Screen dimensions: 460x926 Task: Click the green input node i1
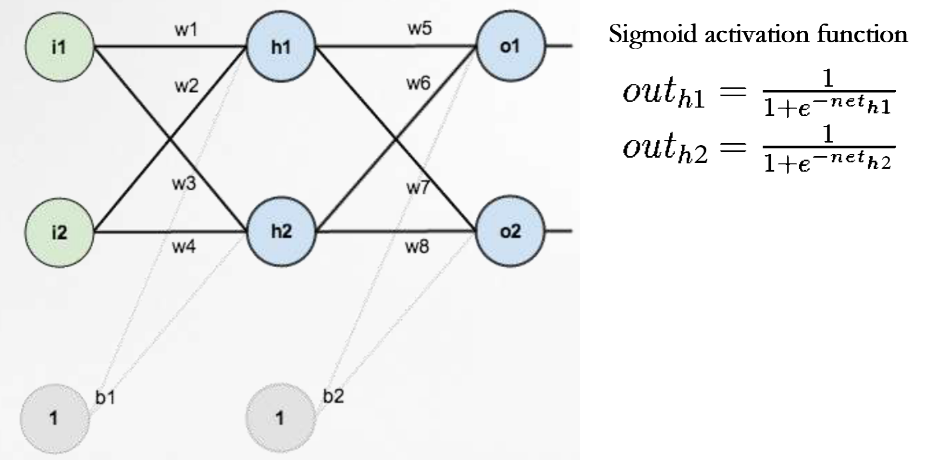[60, 47]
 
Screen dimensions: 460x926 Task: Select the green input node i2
[60, 232]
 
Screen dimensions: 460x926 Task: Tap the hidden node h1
[281, 47]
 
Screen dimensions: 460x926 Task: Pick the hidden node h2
[282, 231]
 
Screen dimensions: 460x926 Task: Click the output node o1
[510, 46]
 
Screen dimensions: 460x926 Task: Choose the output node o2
[510, 231]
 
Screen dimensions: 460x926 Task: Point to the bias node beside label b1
[54, 418]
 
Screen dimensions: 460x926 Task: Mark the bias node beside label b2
[280, 418]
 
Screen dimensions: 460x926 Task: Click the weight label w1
[186, 30]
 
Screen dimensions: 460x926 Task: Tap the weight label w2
[186, 87]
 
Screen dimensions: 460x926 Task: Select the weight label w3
[184, 183]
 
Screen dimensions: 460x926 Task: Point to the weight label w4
[184, 247]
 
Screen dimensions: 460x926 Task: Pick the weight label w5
[420, 28]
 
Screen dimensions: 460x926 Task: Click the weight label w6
[419, 84]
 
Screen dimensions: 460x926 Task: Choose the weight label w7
[418, 187]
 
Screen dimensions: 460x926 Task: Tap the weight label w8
[417, 247]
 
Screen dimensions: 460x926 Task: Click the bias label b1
[105, 398]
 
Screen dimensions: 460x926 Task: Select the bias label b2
[333, 397]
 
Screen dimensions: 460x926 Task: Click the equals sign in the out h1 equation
[732, 91]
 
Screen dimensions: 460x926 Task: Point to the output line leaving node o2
[559, 231]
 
